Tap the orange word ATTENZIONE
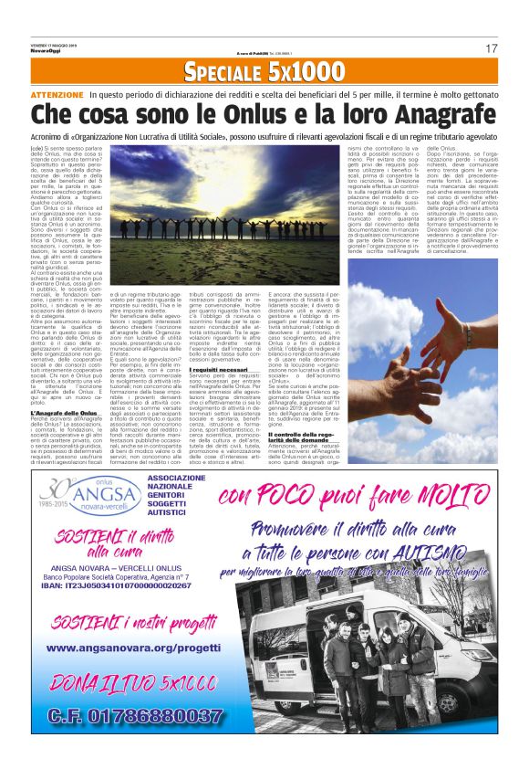[57, 95]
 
